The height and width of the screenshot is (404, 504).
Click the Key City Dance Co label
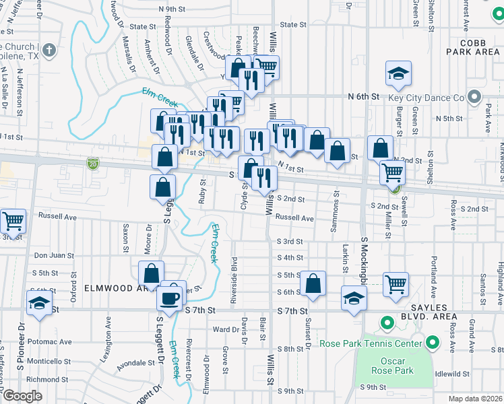(x=426, y=97)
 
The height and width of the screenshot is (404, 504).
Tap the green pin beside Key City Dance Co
(x=475, y=97)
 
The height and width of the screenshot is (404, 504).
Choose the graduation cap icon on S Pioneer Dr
(x=40, y=304)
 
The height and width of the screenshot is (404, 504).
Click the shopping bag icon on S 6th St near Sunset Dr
(x=313, y=284)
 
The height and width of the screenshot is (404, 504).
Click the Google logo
(x=22, y=396)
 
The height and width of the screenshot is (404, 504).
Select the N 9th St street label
(x=172, y=9)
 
